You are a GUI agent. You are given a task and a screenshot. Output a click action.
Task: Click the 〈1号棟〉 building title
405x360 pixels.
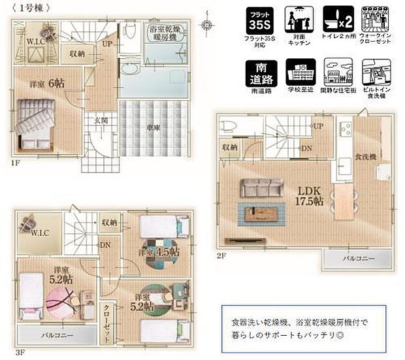(28, 8)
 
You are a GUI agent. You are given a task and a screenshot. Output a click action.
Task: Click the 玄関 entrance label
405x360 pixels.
(100, 120)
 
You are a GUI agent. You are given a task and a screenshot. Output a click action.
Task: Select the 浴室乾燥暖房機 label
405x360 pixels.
(165, 32)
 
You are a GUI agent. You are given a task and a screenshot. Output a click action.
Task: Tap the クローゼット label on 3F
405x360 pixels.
(108, 322)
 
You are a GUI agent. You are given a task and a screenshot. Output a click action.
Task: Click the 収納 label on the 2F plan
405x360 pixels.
(229, 147)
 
